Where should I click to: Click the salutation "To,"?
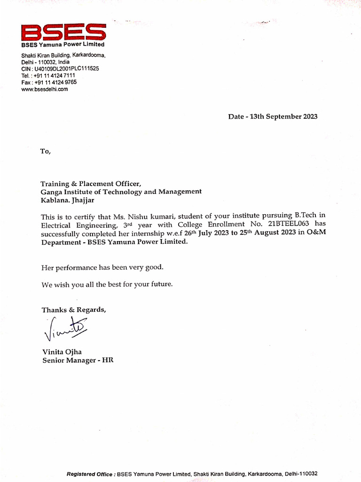click(45, 151)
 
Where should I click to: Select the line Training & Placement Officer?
click(90, 184)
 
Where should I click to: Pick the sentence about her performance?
click(102, 267)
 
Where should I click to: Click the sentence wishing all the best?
click(107, 284)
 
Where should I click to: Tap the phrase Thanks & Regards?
click(74, 310)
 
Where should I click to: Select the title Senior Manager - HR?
click(78, 360)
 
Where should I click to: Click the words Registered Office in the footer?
click(90, 474)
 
